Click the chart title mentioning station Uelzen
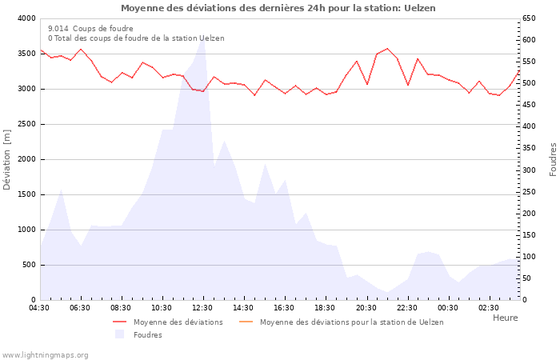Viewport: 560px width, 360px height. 278,8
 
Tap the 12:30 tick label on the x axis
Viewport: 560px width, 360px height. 202,308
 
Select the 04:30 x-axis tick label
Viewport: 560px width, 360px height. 39,308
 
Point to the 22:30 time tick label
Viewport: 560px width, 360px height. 406,308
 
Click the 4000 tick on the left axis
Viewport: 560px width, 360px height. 26,18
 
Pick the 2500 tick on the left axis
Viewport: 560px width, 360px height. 26,124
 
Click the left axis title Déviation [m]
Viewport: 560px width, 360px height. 7,158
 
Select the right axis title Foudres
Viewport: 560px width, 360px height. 553,158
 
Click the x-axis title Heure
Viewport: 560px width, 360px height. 505,318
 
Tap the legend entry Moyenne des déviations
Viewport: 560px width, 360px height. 178,322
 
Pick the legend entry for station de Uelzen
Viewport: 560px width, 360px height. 351,322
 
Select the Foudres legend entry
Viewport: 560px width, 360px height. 147,334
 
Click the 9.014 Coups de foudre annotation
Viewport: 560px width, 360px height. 90,28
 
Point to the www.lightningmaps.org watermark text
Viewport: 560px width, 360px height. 45,354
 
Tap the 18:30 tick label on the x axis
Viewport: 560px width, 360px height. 325,308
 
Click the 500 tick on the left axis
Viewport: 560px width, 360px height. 29,265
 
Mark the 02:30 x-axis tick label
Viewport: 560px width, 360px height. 488,308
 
